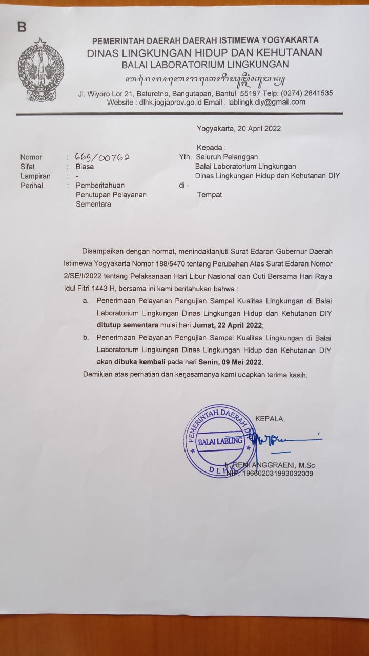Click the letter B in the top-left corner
click(x=22, y=27)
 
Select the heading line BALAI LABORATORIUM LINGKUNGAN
click(x=205, y=64)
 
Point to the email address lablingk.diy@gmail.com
click(x=266, y=102)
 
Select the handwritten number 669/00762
click(x=102, y=157)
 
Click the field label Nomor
click(x=31, y=157)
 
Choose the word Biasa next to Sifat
click(x=85, y=167)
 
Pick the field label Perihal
click(x=32, y=186)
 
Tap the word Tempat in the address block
click(x=210, y=195)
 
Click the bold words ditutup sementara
click(x=123, y=325)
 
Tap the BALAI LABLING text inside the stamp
click(x=220, y=441)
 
